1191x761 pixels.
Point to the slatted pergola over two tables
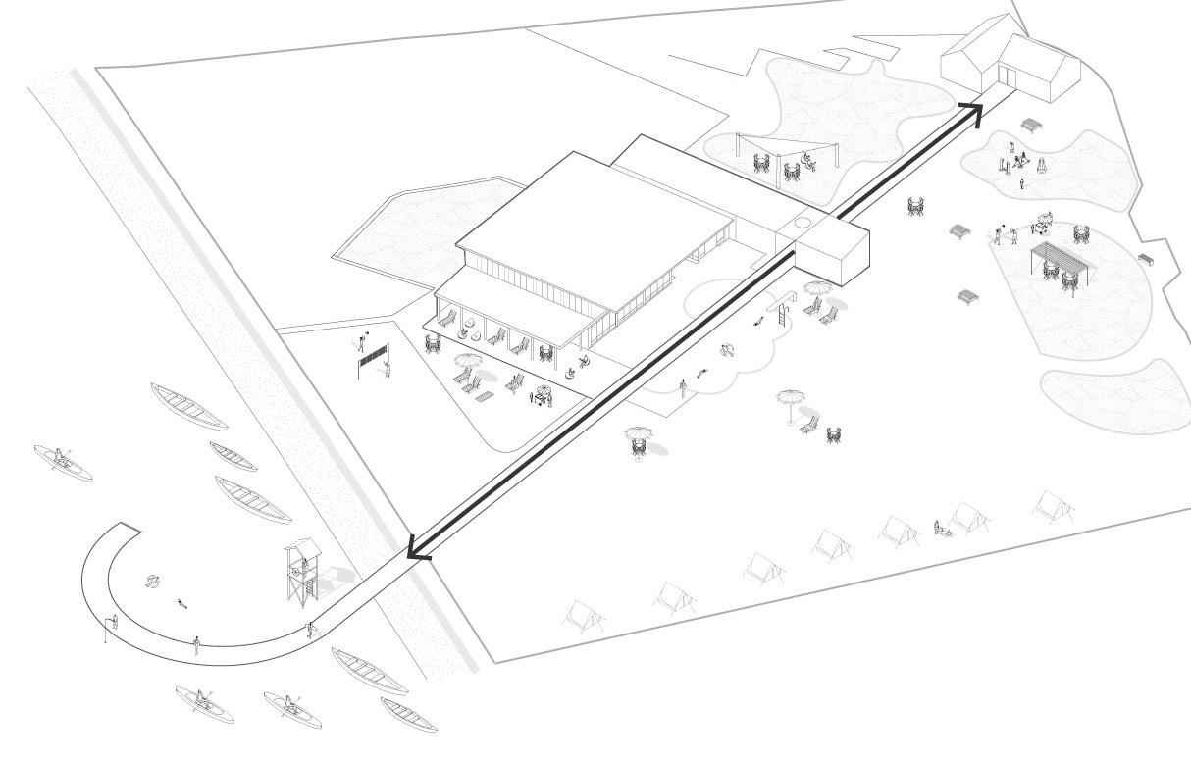point(1059,256)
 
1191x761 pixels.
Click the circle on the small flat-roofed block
point(803,224)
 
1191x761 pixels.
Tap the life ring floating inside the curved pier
point(153,581)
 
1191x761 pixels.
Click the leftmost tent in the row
point(583,616)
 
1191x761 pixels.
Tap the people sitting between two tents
point(941,529)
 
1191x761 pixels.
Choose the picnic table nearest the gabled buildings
point(1031,125)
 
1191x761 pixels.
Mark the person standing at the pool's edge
point(682,388)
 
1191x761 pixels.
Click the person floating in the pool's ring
point(728,349)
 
